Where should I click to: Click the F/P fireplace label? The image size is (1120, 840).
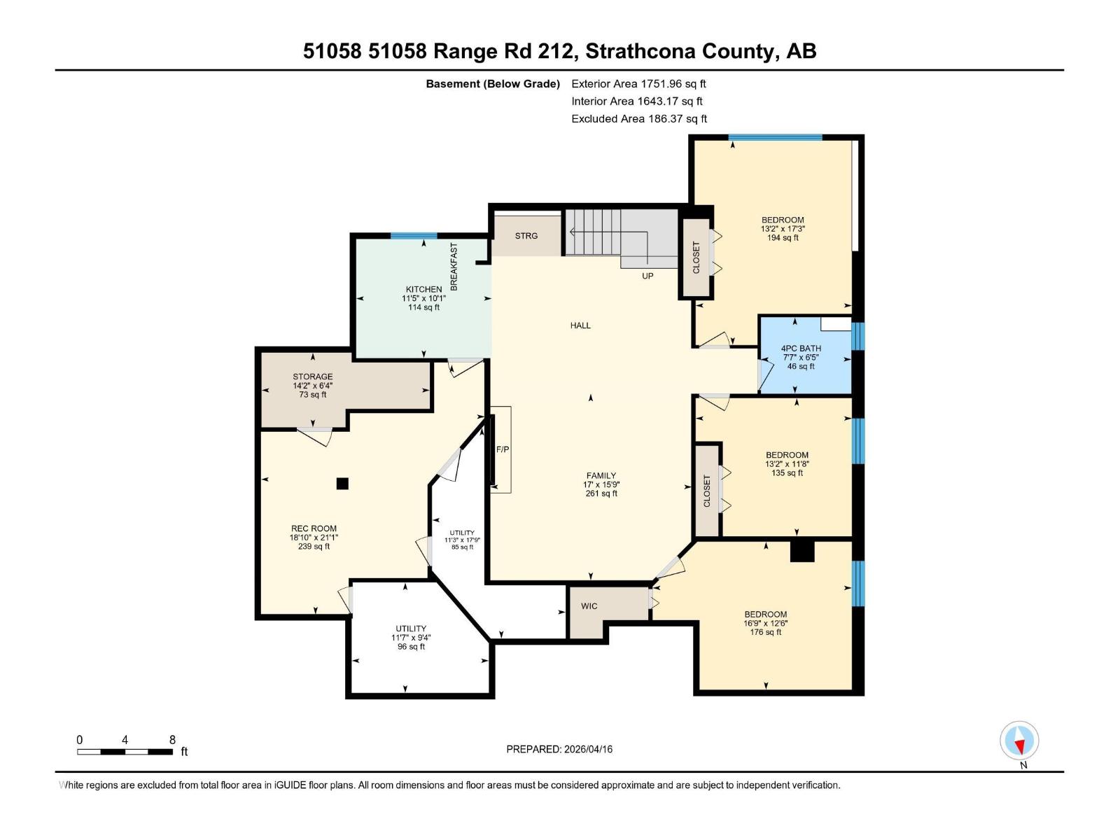[x=503, y=449]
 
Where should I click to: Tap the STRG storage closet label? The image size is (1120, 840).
[x=526, y=236]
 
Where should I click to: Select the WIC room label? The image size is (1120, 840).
[x=589, y=606]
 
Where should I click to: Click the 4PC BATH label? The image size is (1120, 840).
[x=801, y=348]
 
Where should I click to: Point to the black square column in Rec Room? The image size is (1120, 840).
[x=342, y=483]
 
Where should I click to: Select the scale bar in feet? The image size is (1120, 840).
[x=125, y=752]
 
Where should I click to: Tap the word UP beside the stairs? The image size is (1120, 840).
[x=647, y=276]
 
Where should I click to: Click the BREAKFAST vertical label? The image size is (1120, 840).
[x=454, y=267]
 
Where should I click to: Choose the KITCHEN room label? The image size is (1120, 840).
[x=423, y=289]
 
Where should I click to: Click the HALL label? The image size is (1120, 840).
[x=580, y=325]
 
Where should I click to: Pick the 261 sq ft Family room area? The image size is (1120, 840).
[x=601, y=493]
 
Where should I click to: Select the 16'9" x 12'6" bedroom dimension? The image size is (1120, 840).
[x=766, y=623]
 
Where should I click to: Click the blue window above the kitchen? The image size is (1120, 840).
[x=413, y=236]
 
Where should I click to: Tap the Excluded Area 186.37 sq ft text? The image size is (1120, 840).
[x=638, y=119]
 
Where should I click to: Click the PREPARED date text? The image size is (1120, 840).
[x=559, y=749]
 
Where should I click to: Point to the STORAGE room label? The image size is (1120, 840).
[x=312, y=377]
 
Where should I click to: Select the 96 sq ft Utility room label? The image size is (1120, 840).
[x=411, y=647]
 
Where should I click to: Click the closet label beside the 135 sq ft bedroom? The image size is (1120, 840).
[x=707, y=491]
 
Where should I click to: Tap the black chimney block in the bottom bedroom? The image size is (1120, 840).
[x=802, y=551]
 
